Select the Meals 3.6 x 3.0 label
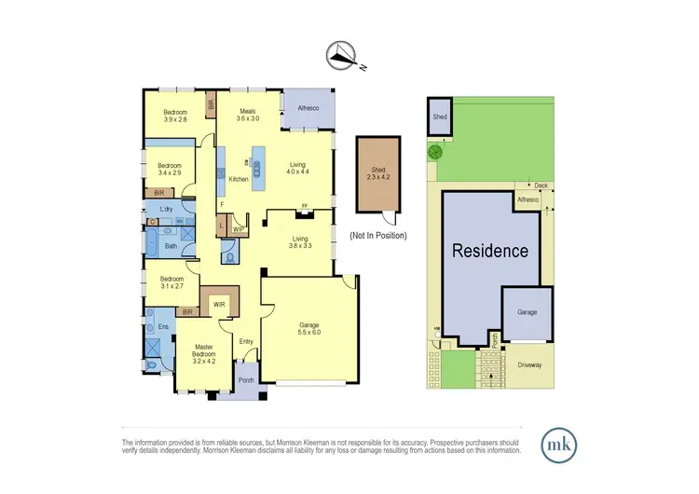tap(248, 114)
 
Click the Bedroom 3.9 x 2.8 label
tap(175, 116)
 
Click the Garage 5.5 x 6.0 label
tap(308, 329)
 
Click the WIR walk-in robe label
tap(221, 303)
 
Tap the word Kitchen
tap(238, 179)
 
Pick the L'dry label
tap(168, 209)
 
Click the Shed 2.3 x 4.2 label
tap(377, 173)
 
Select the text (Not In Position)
tap(377, 238)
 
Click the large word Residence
tap(490, 251)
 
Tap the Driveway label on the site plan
tap(528, 364)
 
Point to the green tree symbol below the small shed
tap(434, 152)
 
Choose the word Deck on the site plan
tap(528, 185)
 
